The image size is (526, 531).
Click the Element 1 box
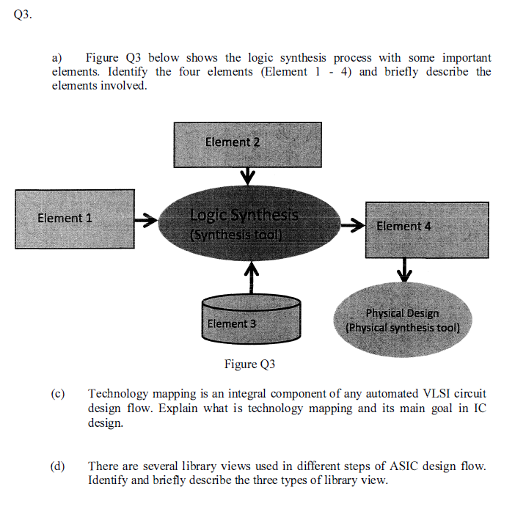[x=74, y=218]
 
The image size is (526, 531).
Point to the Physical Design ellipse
[x=402, y=320]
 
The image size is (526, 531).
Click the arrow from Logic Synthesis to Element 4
[x=354, y=224]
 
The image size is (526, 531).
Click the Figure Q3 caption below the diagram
[x=249, y=365]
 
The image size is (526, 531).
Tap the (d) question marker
[x=58, y=466]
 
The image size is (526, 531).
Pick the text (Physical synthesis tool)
[x=402, y=328]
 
